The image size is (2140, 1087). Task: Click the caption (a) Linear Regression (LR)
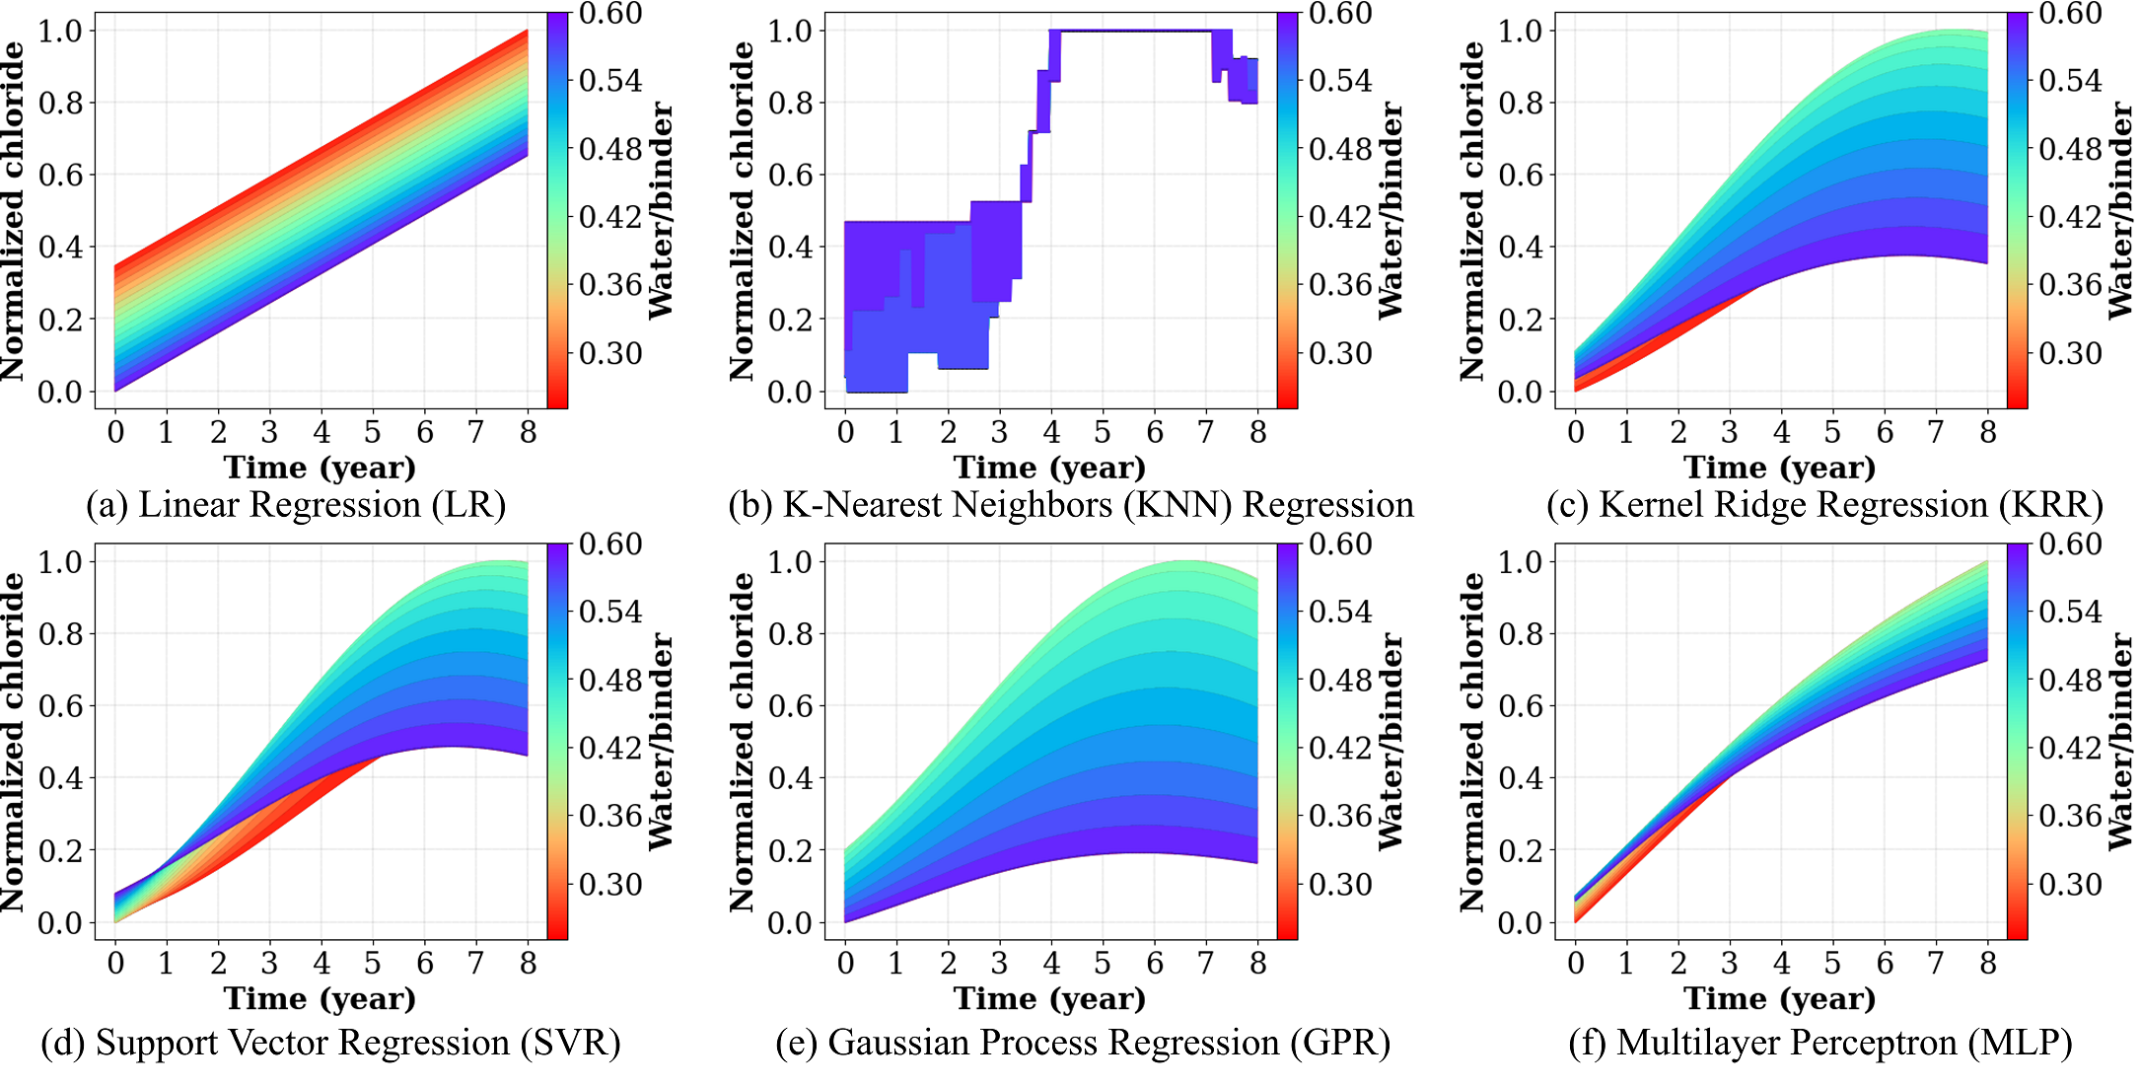pos(296,505)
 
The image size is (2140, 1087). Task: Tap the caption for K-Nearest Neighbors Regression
pos(1071,505)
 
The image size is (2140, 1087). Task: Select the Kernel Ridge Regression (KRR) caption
pos(1824,505)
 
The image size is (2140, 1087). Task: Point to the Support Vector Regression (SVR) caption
pos(330,1043)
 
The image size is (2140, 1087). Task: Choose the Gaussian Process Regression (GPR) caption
pos(1083,1043)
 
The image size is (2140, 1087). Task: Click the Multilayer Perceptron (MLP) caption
pos(1820,1043)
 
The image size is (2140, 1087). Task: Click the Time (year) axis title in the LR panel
pos(320,468)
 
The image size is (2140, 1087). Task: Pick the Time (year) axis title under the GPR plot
pos(1049,999)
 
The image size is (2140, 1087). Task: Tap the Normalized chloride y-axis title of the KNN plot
pos(742,211)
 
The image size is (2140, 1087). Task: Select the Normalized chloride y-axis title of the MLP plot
pos(1471,742)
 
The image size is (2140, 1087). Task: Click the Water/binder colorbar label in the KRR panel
pos(2120,211)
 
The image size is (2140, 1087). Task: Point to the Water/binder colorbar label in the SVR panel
pos(661,742)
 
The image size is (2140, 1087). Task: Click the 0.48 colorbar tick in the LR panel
pos(610,149)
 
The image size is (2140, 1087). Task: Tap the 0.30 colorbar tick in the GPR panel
pos(1340,885)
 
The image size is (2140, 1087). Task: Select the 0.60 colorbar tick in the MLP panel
pos(2070,544)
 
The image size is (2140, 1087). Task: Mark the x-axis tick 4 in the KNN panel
pos(1051,432)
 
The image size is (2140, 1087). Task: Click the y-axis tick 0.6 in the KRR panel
pos(1520,176)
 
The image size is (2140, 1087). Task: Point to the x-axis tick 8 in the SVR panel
pos(528,964)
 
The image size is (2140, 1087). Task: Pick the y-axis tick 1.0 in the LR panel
pos(59,32)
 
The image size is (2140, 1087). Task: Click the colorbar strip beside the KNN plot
pos(1287,211)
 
